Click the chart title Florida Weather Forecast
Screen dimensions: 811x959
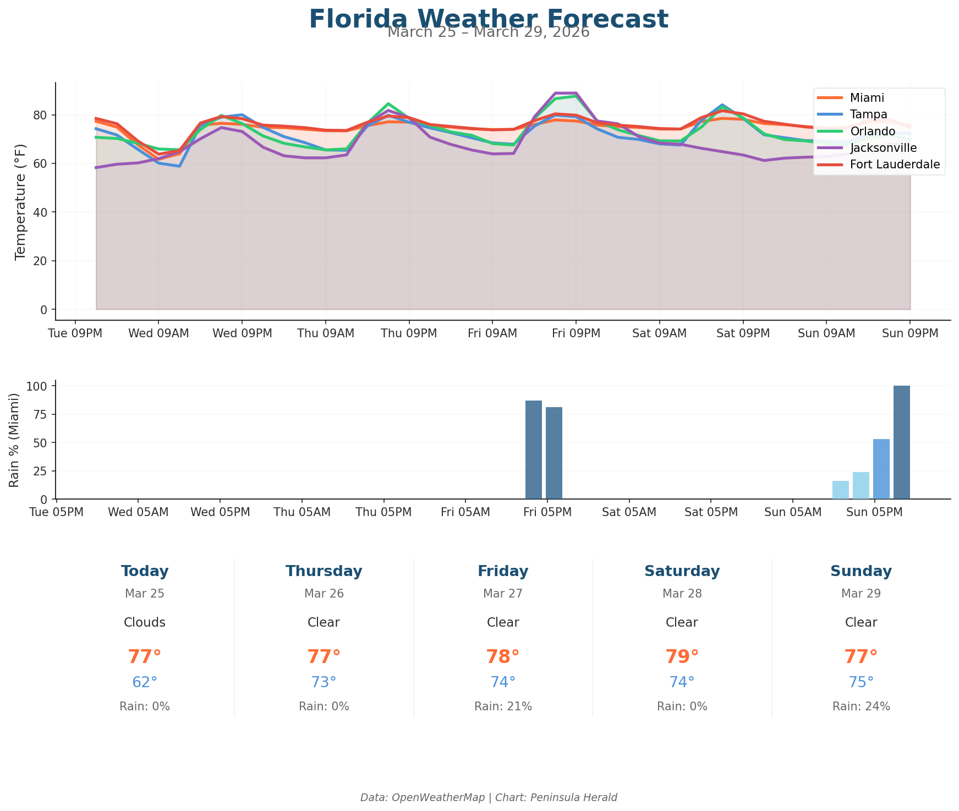pos(489,19)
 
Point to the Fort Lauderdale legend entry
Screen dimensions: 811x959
pos(895,165)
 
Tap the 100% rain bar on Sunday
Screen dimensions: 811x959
pos(901,442)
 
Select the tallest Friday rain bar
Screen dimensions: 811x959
pos(533,450)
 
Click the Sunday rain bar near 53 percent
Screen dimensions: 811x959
pos(881,469)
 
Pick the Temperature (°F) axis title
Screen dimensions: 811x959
pos(20,201)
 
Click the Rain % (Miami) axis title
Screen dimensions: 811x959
pos(14,440)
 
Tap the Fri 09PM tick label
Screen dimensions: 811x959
pos(576,333)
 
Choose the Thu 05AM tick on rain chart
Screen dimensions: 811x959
pos(302,512)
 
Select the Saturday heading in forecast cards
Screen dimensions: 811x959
pos(682,571)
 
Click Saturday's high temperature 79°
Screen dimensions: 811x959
pos(682,657)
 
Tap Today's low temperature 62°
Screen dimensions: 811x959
pos(145,682)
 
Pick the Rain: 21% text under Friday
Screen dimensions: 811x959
pos(503,706)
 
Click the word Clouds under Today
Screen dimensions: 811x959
pos(145,622)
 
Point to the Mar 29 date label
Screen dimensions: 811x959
pos(861,594)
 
